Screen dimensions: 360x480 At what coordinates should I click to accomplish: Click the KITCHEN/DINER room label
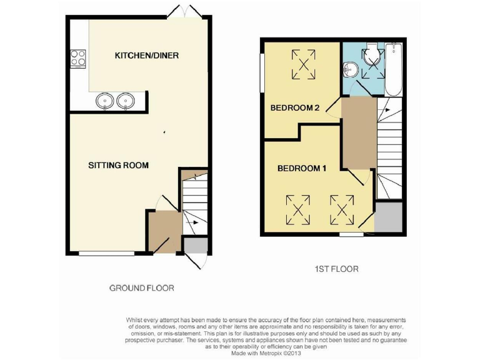tap(147, 56)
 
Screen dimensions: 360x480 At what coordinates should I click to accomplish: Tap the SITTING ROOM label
tap(118, 166)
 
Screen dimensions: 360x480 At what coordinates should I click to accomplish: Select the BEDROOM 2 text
tap(295, 108)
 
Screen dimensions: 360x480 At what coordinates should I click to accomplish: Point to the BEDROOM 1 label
tap(302, 168)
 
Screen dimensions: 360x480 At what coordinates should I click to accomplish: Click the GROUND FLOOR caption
tap(141, 288)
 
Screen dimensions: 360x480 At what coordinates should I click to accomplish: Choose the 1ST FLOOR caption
tap(336, 269)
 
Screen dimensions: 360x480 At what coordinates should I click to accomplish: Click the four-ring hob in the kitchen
tap(78, 58)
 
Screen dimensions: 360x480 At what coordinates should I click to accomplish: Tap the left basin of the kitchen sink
tap(104, 101)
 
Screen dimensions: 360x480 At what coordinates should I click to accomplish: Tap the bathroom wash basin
tap(350, 70)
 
